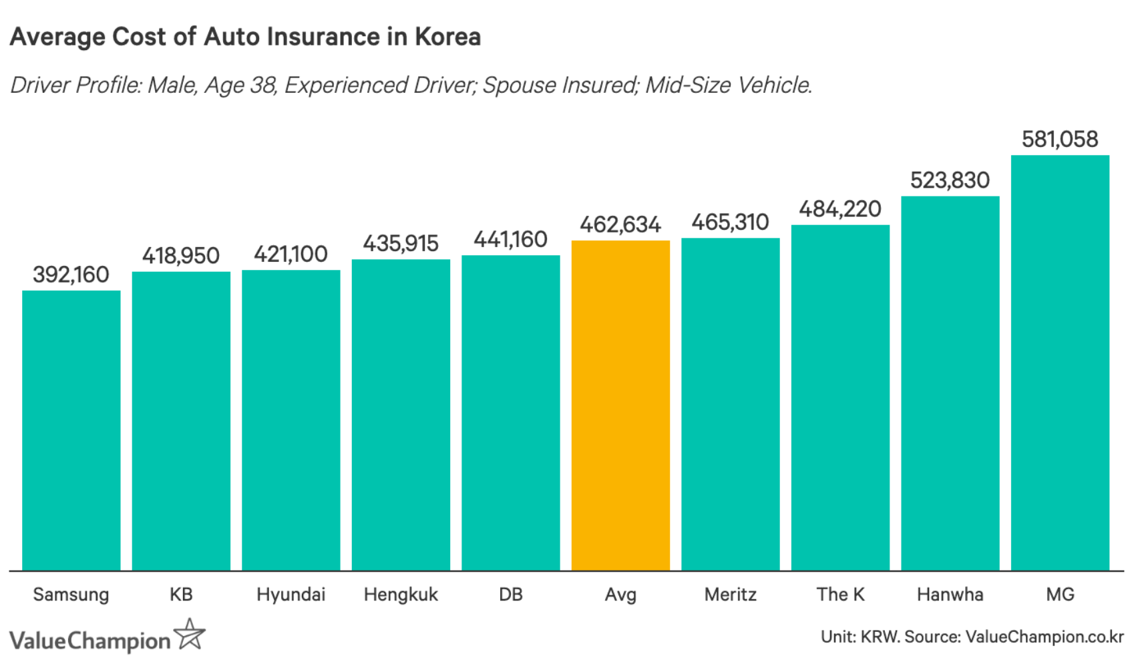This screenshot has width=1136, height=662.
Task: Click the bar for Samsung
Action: click(71, 430)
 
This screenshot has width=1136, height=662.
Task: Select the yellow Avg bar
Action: click(620, 405)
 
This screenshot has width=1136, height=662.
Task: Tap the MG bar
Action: click(1060, 363)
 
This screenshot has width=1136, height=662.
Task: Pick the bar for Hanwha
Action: click(950, 383)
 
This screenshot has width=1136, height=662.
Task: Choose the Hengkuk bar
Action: click(401, 415)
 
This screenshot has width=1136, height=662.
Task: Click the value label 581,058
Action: click(1060, 140)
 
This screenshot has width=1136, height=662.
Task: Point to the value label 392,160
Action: click(71, 275)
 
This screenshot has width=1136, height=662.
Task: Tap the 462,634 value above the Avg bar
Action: click(620, 224)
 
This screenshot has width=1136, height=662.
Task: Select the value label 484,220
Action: click(840, 210)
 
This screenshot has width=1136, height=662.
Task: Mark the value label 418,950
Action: click(180, 256)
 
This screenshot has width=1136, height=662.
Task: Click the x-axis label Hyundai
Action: click(291, 595)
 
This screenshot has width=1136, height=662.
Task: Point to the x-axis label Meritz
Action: click(730, 595)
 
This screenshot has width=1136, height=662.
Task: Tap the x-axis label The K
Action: click(840, 595)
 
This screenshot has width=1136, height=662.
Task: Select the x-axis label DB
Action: click(510, 595)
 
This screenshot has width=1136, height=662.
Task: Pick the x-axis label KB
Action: click(180, 595)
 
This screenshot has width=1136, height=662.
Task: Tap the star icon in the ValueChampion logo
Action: click(190, 634)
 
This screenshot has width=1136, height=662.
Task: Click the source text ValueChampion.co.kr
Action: click(1045, 637)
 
